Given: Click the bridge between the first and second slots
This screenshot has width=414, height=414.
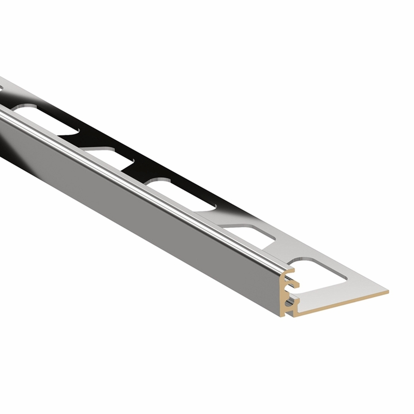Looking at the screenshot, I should click(x=282, y=247).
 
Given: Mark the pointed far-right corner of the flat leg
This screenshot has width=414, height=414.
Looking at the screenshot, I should click(x=387, y=292).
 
